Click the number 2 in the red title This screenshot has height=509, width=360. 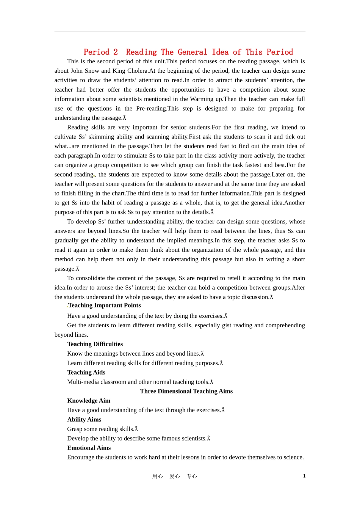pos(116,52)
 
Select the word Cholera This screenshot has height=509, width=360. pos(138,71)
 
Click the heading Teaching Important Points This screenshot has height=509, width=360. pos(104,306)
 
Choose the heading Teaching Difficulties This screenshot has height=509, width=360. pos(95,344)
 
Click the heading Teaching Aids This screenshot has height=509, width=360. pos(86,373)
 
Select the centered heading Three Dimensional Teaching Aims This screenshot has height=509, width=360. pos(186,392)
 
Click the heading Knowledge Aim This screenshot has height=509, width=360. pos(89,401)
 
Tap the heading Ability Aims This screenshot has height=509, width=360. pos(84,420)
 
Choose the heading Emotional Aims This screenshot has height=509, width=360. pos(89,448)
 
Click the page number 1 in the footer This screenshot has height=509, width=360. pos(304,476)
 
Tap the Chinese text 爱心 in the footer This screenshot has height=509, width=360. pos(174,476)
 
